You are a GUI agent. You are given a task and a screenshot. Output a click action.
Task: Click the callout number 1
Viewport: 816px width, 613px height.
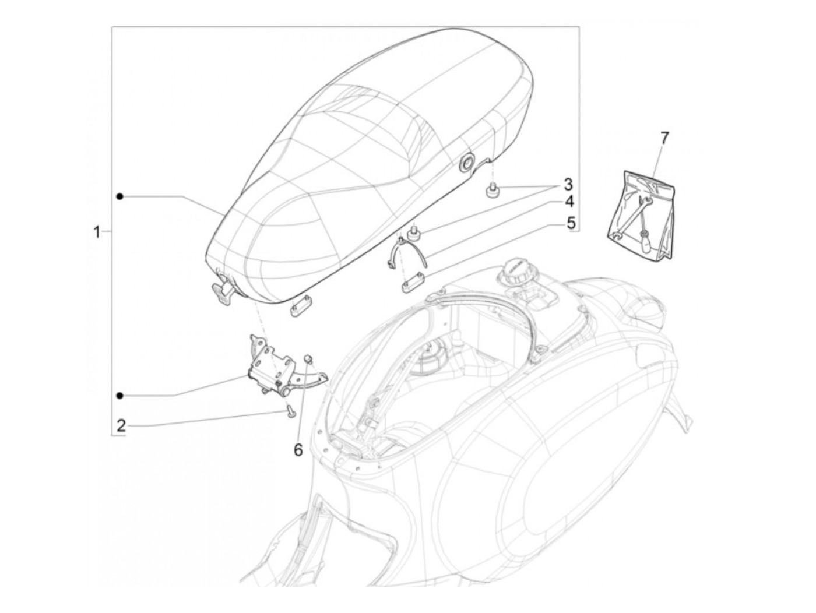click(97, 232)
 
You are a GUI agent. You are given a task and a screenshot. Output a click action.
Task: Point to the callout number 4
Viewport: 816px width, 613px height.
click(568, 202)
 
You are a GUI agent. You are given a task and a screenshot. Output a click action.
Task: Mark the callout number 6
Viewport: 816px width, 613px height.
click(298, 450)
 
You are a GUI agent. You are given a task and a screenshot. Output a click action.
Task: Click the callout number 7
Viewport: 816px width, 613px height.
click(663, 138)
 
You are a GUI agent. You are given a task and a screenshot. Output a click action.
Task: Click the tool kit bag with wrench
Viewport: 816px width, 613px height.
click(641, 215)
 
